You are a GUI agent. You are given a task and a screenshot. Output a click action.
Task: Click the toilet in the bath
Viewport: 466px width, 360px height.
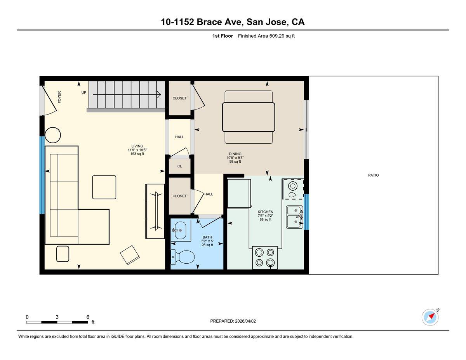tap(183, 256)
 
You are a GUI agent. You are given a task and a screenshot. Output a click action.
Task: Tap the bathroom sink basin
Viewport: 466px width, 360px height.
tap(179, 230)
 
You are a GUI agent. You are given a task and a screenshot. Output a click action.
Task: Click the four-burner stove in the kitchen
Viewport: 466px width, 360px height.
tap(264, 257)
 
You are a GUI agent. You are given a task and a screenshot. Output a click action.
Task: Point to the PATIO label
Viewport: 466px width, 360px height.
tap(373, 175)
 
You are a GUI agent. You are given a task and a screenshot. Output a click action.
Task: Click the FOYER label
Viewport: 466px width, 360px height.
tap(59, 97)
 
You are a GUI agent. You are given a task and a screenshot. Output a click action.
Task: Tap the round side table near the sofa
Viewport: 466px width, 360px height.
tap(53, 135)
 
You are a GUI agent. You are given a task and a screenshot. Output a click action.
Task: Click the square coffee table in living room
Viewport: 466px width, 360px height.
tap(104, 187)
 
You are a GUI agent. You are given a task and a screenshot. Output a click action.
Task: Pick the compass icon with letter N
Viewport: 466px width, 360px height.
tap(430, 317)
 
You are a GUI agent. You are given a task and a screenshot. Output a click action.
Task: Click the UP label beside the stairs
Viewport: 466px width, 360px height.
tap(84, 92)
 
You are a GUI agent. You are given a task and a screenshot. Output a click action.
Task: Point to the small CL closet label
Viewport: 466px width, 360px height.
tap(179, 166)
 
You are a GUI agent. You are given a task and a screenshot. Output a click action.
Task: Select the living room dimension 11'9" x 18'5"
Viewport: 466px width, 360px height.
tap(137, 150)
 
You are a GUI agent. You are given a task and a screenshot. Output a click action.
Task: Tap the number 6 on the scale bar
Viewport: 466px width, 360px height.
tap(88, 317)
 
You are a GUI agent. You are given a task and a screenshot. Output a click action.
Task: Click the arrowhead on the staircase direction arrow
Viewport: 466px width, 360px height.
tap(159, 94)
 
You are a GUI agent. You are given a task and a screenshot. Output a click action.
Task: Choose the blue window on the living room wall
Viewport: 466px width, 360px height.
tap(42, 175)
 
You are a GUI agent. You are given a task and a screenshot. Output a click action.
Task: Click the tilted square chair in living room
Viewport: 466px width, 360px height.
tap(130, 255)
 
